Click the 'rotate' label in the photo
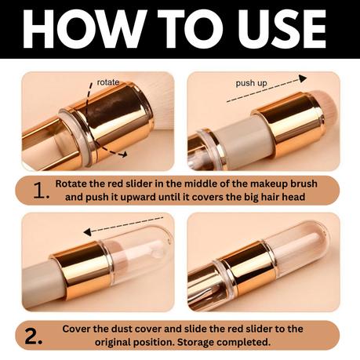pyautogui.click(x=108, y=82)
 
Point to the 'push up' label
pyautogui.click(x=252, y=82)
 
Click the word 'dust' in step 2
pyautogui.click(x=118, y=328)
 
